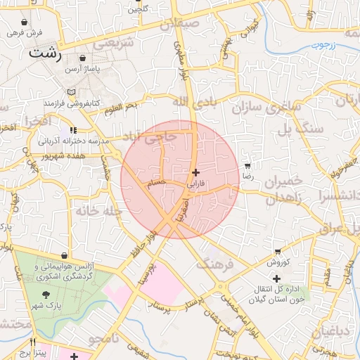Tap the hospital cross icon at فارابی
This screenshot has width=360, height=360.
(195, 172)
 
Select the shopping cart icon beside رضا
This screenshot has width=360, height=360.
(247, 167)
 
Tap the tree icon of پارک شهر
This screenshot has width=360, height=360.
(46, 295)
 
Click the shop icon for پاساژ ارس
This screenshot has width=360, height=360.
(84, 58)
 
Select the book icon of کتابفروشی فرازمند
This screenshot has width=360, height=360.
(70, 92)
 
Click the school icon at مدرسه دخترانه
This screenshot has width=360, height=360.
(73, 131)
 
